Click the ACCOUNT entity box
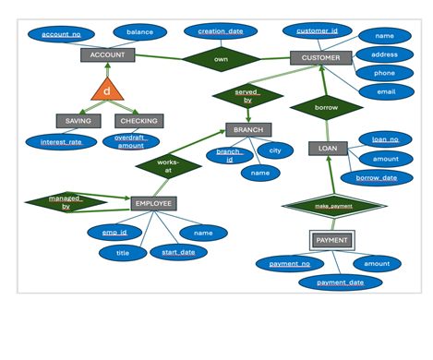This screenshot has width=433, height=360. pos(107,54)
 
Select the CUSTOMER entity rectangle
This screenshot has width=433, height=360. pos(320,57)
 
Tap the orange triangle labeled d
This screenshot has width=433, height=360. pos(107,90)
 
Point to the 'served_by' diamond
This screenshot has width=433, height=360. pos(247,96)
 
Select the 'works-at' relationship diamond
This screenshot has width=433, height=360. pos(168,166)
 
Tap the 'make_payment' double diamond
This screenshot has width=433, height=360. pos(333,206)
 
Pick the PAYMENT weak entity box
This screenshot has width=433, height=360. pos(331,240)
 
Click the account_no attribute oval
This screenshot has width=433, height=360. pos(62,34)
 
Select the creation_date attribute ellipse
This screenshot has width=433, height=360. pos(221,31)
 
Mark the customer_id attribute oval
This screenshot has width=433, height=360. pos(317,31)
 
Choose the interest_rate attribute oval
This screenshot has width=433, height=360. pos(61,142)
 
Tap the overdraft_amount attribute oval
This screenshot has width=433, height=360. pos(130,141)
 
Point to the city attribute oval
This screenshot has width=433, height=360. pos(275,150)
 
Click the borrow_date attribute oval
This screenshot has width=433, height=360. pos(377,177)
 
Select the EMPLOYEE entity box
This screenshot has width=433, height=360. pos(152,203)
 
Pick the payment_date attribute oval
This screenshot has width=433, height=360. pos(341,282)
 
